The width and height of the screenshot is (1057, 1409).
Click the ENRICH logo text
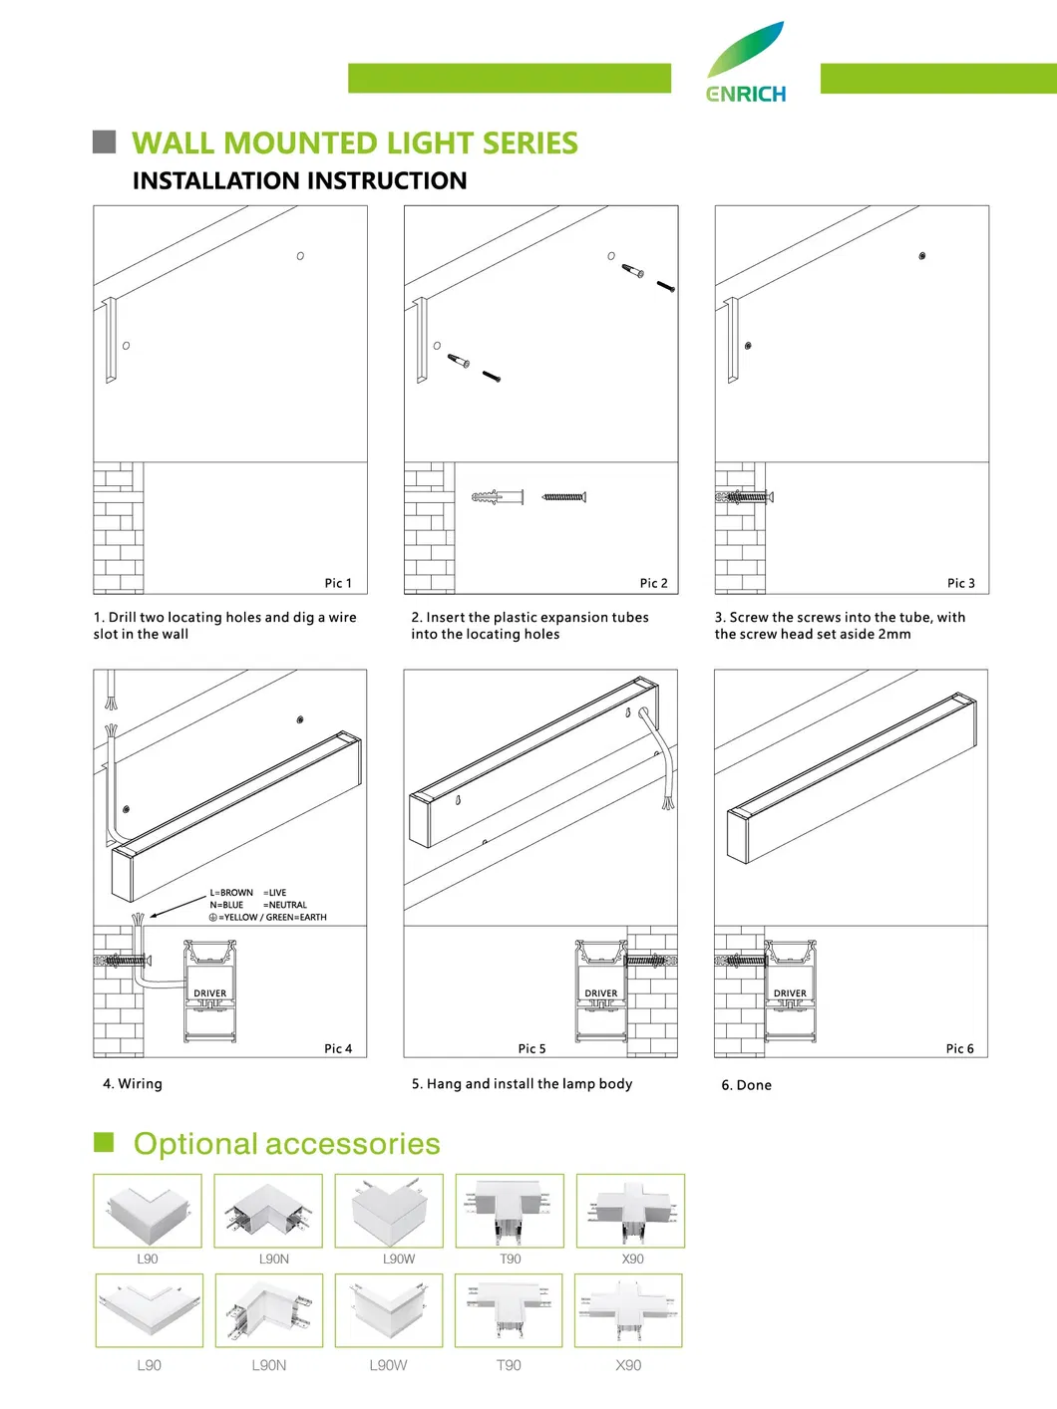tap(746, 94)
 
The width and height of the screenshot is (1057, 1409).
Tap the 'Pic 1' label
tap(338, 583)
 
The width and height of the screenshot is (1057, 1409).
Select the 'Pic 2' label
tap(653, 583)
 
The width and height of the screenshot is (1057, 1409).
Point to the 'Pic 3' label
tap(960, 583)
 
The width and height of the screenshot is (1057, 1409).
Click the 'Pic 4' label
tap(338, 1048)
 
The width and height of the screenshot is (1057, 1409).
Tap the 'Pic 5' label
tap(531, 1048)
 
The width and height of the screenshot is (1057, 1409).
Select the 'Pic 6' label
tap(959, 1048)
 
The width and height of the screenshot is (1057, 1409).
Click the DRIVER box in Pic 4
tap(209, 993)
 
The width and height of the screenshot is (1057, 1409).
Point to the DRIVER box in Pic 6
tap(790, 993)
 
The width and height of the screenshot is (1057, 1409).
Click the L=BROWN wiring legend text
tap(231, 893)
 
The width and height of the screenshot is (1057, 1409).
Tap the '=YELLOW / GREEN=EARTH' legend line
tap(271, 917)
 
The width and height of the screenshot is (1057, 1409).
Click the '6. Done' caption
tap(746, 1085)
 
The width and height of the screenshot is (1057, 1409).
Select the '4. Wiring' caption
tap(133, 1083)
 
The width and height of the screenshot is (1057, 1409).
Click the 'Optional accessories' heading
tap(286, 1144)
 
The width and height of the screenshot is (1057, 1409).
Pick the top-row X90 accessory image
tap(630, 1211)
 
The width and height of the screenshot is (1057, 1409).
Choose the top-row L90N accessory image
tap(268, 1211)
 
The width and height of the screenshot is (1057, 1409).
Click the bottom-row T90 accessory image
tap(509, 1310)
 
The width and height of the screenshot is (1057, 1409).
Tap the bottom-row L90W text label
tap(388, 1365)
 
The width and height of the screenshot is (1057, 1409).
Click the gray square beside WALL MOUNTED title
tap(104, 141)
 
